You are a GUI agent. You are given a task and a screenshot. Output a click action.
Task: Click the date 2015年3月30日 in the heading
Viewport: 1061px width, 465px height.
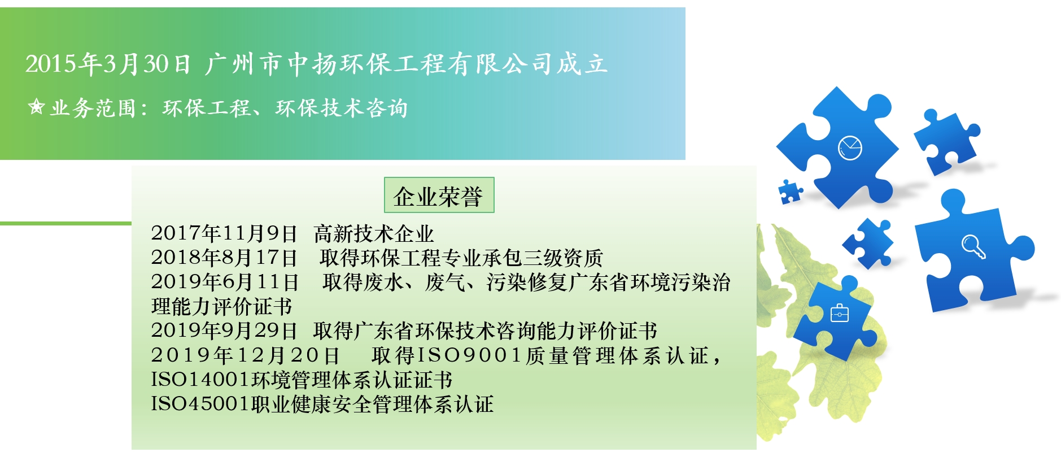(x=108, y=63)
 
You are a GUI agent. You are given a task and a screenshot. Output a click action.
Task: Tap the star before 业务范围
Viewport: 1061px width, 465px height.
(x=36, y=107)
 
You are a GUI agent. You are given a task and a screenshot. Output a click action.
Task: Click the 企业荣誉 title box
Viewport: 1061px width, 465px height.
(x=439, y=195)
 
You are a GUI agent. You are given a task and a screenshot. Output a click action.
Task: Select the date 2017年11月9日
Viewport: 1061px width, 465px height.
(x=224, y=233)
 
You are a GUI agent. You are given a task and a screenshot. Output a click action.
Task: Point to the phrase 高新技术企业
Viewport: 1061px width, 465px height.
(x=374, y=233)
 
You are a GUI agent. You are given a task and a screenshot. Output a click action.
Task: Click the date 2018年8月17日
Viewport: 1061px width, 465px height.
(x=224, y=258)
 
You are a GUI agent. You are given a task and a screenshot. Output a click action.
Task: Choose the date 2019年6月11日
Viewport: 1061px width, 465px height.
(x=225, y=282)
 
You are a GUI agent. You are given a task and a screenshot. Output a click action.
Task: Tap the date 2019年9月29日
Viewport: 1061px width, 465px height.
(x=224, y=331)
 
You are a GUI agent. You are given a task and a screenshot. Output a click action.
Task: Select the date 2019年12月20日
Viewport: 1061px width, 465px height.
(x=246, y=355)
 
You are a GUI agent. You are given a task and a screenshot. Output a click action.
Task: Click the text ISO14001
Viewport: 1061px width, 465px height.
(x=200, y=380)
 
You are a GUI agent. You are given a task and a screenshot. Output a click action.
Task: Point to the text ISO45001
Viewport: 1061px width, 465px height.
(x=200, y=404)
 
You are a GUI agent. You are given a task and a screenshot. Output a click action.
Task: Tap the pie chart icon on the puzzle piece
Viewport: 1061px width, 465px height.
(x=849, y=148)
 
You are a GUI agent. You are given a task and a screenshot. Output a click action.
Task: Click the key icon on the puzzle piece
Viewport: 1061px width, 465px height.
(x=973, y=246)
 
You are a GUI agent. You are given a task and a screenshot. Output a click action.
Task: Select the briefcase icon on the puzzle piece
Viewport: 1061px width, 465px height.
(x=840, y=312)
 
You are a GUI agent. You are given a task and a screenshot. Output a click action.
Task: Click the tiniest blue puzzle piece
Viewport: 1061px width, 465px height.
(x=790, y=192)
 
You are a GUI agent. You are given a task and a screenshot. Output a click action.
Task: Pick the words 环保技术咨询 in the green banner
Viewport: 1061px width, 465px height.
(x=341, y=107)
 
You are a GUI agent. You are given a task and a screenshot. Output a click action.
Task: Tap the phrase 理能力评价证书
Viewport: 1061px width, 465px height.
(x=222, y=306)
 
